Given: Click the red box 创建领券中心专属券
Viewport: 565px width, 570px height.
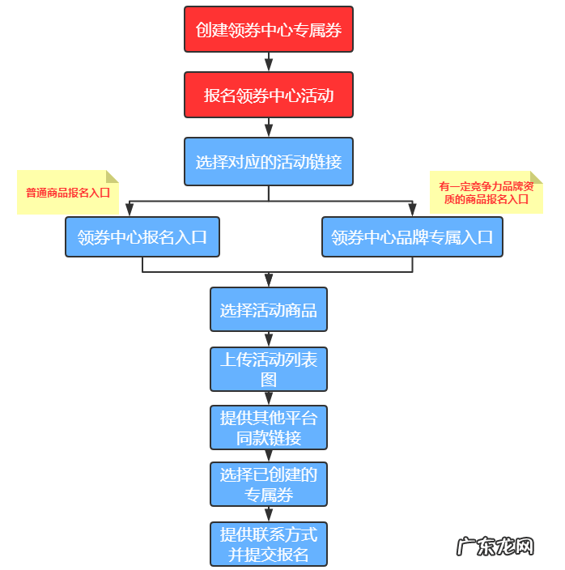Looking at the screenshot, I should [x=269, y=30].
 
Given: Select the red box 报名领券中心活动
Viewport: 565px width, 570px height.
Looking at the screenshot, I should [x=269, y=95].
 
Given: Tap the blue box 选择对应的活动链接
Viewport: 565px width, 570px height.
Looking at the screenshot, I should [x=269, y=161].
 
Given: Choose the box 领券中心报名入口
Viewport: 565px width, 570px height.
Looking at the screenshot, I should [x=142, y=237].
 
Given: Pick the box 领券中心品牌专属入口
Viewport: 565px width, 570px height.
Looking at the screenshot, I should [x=412, y=237].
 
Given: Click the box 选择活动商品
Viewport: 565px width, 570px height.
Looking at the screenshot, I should [x=269, y=309].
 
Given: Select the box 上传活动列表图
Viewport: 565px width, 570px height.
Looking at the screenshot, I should [x=269, y=369].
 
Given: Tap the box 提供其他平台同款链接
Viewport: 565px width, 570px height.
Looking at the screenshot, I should [x=269, y=427].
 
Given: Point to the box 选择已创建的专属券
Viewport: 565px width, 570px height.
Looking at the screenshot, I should [x=269, y=484].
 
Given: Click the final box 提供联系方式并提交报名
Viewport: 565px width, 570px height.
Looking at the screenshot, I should [x=269, y=544].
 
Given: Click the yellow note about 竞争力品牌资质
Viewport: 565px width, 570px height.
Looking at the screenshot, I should [x=486, y=192].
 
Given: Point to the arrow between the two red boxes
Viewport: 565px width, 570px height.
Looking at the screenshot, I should [x=269, y=62].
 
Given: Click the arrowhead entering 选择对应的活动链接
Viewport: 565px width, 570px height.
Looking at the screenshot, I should [x=269, y=132].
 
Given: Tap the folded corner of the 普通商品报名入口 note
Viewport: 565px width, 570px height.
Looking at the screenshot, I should [x=113, y=176].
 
